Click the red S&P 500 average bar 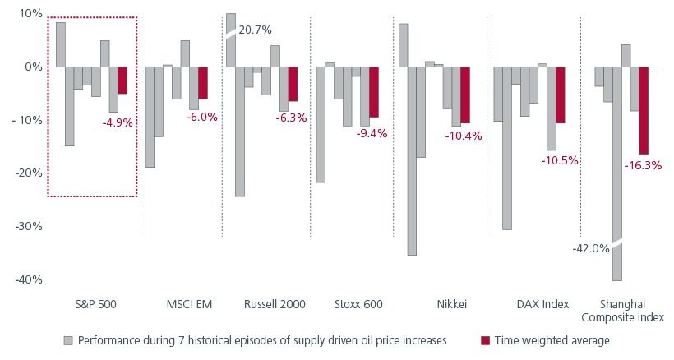[x=122, y=81]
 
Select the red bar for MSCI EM [x=203, y=83]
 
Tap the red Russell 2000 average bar [x=293, y=84]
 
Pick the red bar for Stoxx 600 [x=374, y=92]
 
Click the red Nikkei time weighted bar [x=465, y=95]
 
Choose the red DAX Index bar [x=561, y=95]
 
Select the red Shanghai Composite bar [x=644, y=110]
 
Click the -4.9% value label [x=118, y=122]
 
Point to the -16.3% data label [x=644, y=165]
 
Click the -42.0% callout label [x=591, y=247]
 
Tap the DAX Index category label [x=542, y=304]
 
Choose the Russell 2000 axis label [x=275, y=304]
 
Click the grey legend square [x=69, y=340]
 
